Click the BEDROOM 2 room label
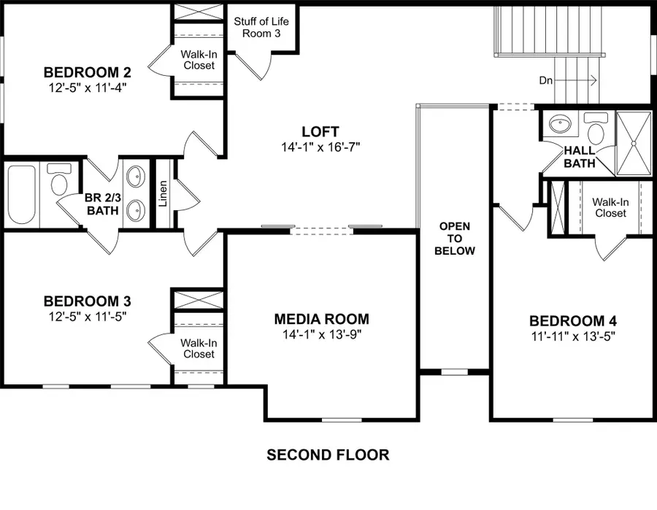[88, 72]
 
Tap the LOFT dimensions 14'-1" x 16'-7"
[320, 147]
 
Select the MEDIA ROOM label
[321, 319]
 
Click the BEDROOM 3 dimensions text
[88, 315]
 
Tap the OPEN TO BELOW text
[454, 239]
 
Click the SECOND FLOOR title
[328, 455]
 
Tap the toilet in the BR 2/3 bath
[58, 179]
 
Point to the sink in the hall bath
[560, 124]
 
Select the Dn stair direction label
[547, 80]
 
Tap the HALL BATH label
[580, 157]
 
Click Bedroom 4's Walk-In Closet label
[609, 207]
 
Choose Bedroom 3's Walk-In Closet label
[198, 348]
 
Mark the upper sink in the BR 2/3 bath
[136, 177]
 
